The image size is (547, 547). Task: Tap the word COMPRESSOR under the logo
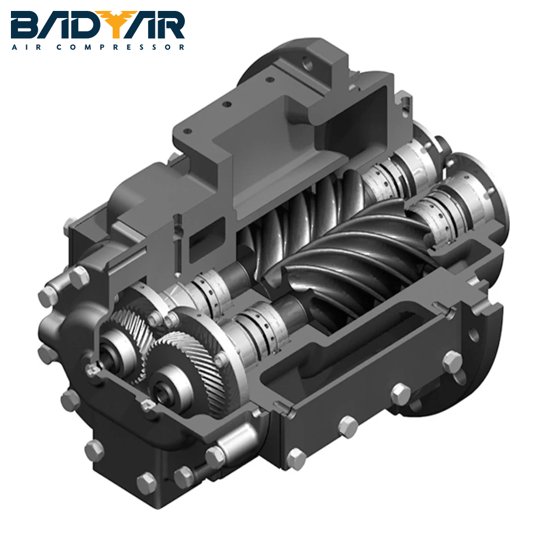[120, 47]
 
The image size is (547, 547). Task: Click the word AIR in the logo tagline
[26, 47]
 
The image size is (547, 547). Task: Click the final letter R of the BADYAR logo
[171, 25]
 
